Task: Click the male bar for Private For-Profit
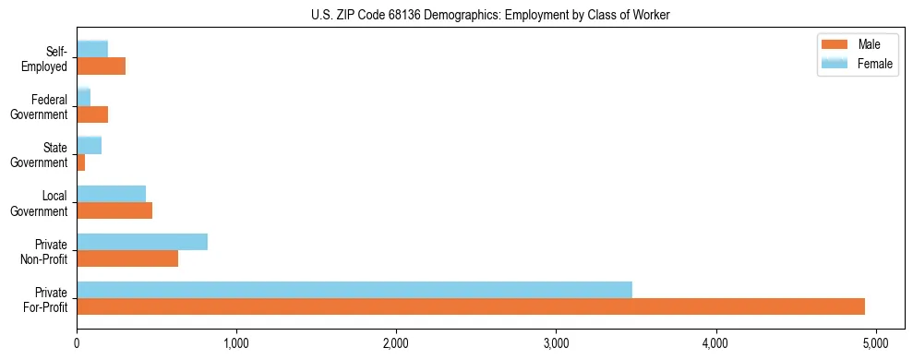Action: click(x=471, y=306)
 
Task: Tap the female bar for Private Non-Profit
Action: click(x=142, y=242)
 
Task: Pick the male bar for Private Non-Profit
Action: click(x=127, y=258)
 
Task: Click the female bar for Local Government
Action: click(x=112, y=194)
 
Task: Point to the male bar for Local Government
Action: click(x=114, y=210)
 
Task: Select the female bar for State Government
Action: click(x=90, y=146)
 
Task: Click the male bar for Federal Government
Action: click(x=92, y=114)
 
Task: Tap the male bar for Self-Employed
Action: click(x=102, y=66)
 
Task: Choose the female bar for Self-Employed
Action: click(x=92, y=50)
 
